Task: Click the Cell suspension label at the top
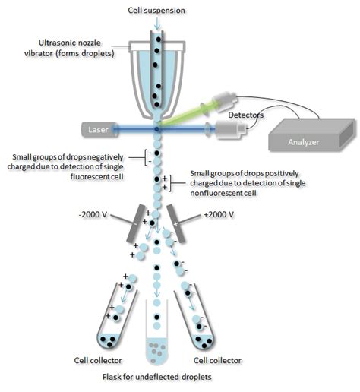(x=156, y=8)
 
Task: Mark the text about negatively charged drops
(x=72, y=161)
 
